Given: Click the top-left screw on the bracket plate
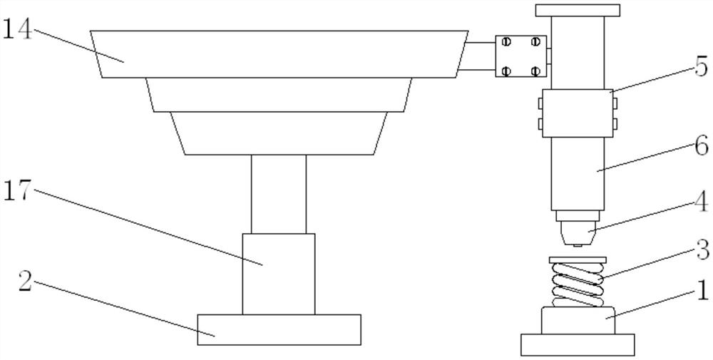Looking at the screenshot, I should pyautogui.click(x=506, y=43).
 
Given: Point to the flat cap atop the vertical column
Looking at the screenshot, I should pyautogui.click(x=578, y=10).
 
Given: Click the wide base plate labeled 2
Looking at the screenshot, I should pyautogui.click(x=279, y=329).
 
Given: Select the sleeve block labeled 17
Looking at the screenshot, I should pyautogui.click(x=278, y=274).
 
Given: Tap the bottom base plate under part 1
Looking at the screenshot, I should pyautogui.click(x=578, y=344).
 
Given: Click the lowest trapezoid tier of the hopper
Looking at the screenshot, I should pyautogui.click(x=279, y=133).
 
